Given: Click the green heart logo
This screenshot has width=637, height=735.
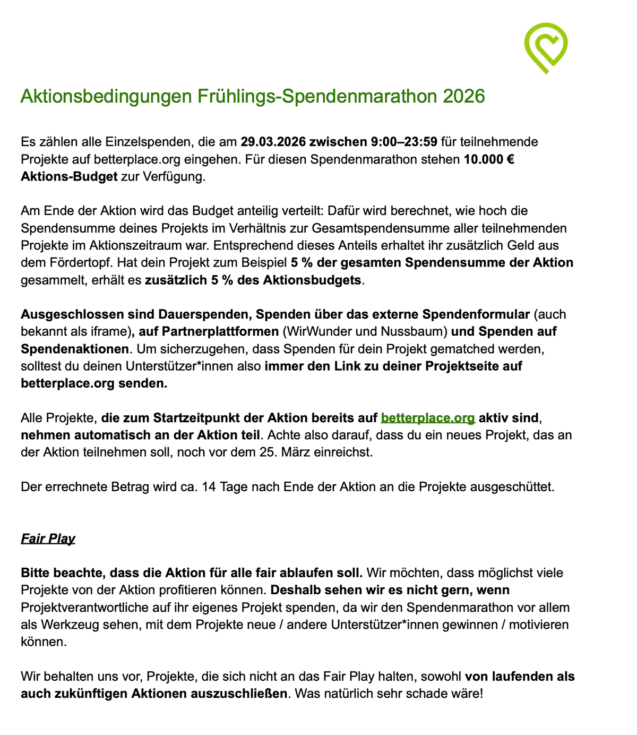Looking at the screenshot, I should point(546,47).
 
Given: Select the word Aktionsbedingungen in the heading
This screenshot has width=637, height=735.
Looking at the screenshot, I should point(106,96).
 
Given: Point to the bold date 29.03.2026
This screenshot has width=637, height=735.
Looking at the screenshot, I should point(273,142).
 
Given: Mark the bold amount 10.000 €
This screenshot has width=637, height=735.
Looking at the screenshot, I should point(488,159).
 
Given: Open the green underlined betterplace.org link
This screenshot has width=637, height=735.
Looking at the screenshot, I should point(428,418).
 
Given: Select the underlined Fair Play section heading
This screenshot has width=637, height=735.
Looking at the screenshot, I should point(48,539).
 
